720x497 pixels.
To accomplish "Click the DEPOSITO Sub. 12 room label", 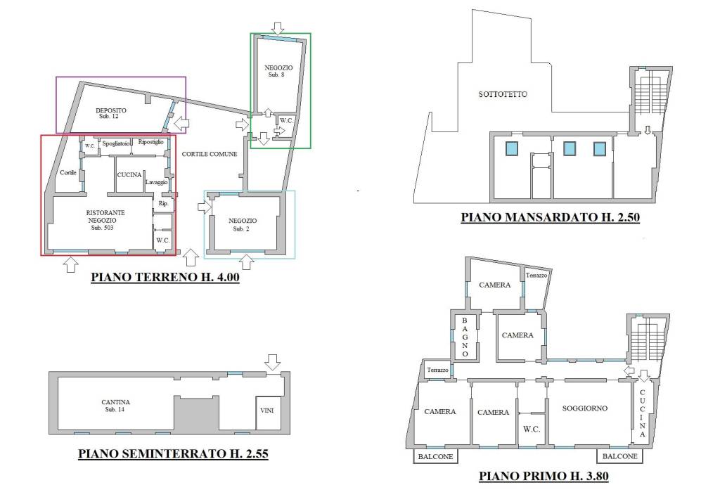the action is pos(111,113).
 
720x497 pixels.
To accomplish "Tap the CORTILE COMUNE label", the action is pos(210,154).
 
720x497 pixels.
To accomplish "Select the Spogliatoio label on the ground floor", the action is pos(116,143).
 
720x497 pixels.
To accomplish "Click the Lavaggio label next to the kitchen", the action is pos(157,182).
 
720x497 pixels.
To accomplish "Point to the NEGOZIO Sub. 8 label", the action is pos(278,71).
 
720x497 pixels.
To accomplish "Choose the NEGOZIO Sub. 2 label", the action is pos(243,225).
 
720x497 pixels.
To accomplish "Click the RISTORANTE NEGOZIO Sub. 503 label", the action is pos(105,220).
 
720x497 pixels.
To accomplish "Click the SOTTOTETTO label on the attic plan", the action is pos(503,94).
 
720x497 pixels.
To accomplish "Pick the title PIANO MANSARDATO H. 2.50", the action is pos(550,217).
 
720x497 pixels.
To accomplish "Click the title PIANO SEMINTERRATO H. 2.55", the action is pos(173,454).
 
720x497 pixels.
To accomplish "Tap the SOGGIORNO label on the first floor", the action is pos(584,408).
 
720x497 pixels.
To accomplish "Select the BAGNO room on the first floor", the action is pos(465,337).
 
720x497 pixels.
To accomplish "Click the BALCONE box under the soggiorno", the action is pos(619,456).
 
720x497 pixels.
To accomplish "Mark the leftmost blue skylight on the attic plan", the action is pos(512,148).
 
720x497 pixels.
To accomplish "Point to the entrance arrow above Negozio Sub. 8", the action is pos(277,28).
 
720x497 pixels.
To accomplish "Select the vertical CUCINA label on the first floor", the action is pos(642,413).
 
